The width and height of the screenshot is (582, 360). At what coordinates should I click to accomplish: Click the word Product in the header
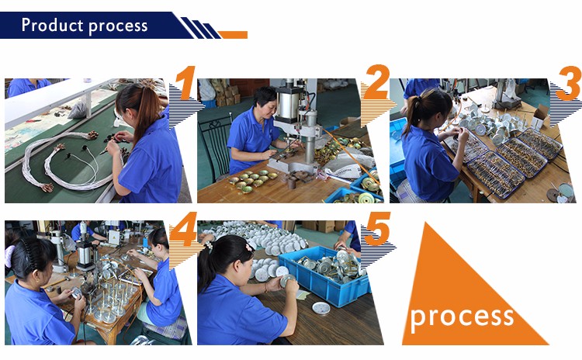(x=52, y=26)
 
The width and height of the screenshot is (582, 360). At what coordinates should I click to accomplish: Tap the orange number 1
(x=185, y=83)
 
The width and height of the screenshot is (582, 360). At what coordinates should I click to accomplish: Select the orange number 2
(x=376, y=81)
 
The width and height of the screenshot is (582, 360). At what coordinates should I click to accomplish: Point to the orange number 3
(x=569, y=83)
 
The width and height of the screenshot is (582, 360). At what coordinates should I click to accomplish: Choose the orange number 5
(x=377, y=229)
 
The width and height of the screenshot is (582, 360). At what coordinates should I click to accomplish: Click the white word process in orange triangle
(x=462, y=317)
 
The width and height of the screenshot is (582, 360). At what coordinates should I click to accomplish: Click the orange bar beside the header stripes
(x=233, y=34)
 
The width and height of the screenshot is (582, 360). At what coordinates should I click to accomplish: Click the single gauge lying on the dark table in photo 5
(x=321, y=308)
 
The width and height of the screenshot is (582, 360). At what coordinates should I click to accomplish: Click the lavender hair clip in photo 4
(x=9, y=256)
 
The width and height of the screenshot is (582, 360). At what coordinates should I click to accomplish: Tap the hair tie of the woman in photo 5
(x=209, y=245)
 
